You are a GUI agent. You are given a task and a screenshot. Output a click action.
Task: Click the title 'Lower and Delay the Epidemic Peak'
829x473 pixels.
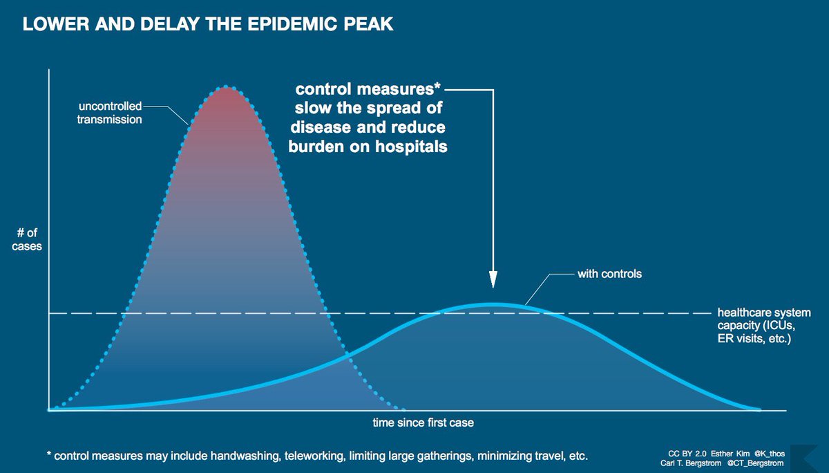point(208,25)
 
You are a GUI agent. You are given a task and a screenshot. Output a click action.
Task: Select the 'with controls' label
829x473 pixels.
point(609,274)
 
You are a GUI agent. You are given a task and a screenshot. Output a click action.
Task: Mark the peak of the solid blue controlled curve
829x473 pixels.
point(492,304)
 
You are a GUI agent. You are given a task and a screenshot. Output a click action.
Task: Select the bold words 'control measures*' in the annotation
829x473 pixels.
point(368,91)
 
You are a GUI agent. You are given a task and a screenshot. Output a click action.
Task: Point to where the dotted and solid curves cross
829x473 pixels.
point(347,357)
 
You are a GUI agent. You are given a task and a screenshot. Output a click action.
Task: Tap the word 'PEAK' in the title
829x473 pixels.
point(369,25)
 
